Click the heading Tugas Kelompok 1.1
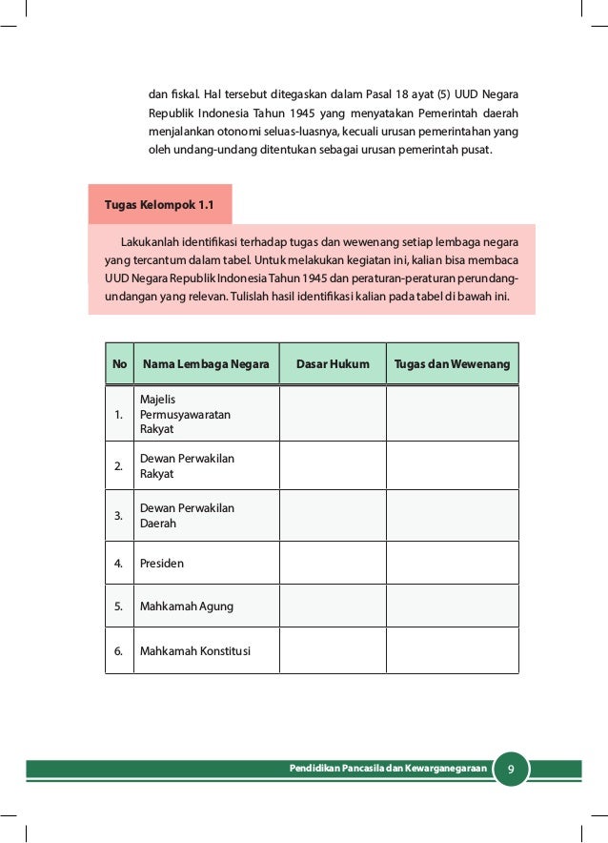click(x=158, y=205)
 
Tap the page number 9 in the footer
click(x=512, y=769)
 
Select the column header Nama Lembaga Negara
click(x=206, y=364)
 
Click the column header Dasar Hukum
click(x=333, y=364)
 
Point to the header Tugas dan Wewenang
click(x=453, y=364)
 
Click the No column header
click(x=119, y=364)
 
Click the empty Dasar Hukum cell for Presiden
click(x=333, y=564)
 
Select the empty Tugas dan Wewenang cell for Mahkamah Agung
click(x=453, y=607)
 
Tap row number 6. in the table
click(x=119, y=652)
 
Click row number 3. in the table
click(x=119, y=516)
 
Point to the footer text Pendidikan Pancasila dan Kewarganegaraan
click(x=389, y=769)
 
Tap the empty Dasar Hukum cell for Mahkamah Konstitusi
click(x=333, y=652)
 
